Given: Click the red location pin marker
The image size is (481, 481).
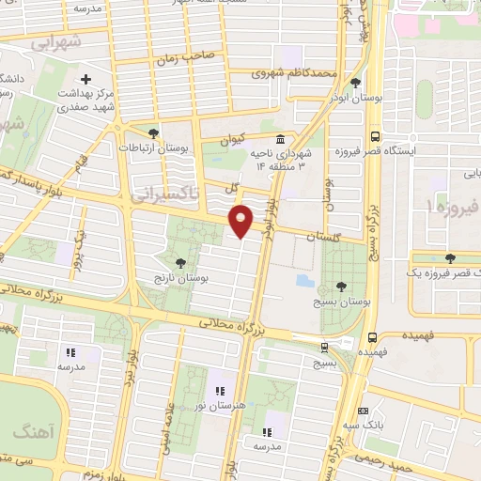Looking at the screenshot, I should coord(242,221).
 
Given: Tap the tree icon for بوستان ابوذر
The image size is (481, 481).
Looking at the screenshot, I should coord(355,84).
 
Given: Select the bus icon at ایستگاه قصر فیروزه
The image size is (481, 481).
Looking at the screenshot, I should coord(375,134).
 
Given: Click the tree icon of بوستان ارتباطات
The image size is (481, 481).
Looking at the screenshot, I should coord(153,132).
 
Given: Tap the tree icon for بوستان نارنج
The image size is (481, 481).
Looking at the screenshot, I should coord(178,263).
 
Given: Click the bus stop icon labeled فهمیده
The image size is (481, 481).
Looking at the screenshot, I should coord(374,336).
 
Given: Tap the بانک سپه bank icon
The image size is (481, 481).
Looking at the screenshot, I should coord(364,411).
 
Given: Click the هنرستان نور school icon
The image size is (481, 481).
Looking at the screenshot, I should coord(220,390).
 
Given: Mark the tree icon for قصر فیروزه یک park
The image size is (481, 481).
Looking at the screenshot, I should coord(448,256).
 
